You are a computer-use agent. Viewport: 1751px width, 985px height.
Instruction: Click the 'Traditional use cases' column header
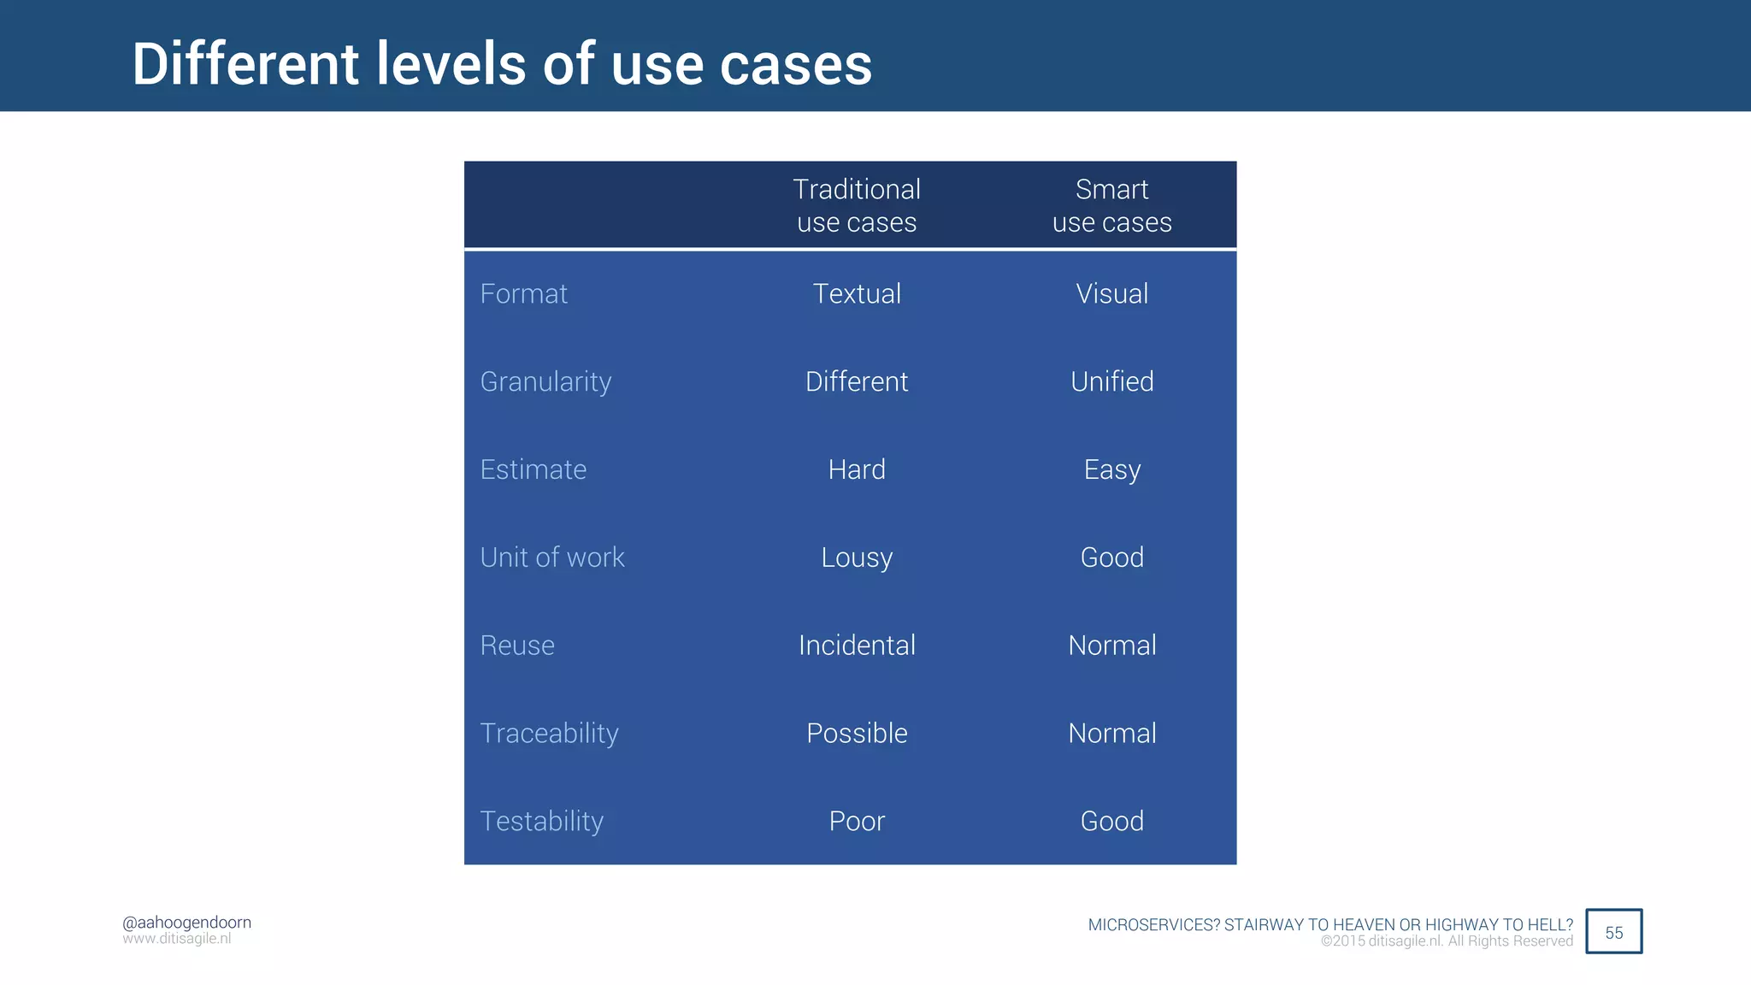tap(857, 205)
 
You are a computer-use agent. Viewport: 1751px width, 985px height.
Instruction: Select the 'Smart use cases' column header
tap(1111, 205)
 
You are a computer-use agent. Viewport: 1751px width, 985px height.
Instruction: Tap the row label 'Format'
tap(523, 294)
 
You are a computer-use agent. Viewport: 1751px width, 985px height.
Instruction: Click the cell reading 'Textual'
tap(857, 294)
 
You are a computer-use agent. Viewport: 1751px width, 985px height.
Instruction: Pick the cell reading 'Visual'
tap(1111, 294)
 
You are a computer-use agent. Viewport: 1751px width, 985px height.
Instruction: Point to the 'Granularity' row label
tap(545, 382)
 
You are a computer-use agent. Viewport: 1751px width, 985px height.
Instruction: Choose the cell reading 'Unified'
tap(1111, 381)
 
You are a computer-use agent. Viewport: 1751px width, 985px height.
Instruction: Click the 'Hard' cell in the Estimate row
tap(857, 469)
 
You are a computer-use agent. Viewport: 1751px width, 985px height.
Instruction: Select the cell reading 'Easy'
tap(1111, 470)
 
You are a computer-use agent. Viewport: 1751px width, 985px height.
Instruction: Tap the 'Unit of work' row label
tap(552, 557)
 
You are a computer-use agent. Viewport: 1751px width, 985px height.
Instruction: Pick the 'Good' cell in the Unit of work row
tap(1111, 557)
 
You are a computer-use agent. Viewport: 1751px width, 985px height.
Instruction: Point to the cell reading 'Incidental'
tap(857, 646)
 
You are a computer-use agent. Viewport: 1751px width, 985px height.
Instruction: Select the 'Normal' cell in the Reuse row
tap(1111, 646)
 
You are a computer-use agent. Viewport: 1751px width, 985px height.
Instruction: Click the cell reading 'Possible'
tap(857, 734)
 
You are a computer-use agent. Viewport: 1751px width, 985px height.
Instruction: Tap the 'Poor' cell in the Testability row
tap(857, 822)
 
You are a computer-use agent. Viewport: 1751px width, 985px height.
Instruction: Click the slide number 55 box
tap(1613, 932)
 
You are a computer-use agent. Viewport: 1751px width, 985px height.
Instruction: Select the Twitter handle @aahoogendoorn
tap(186, 923)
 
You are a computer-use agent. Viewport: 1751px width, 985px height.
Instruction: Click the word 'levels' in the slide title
tap(451, 65)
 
